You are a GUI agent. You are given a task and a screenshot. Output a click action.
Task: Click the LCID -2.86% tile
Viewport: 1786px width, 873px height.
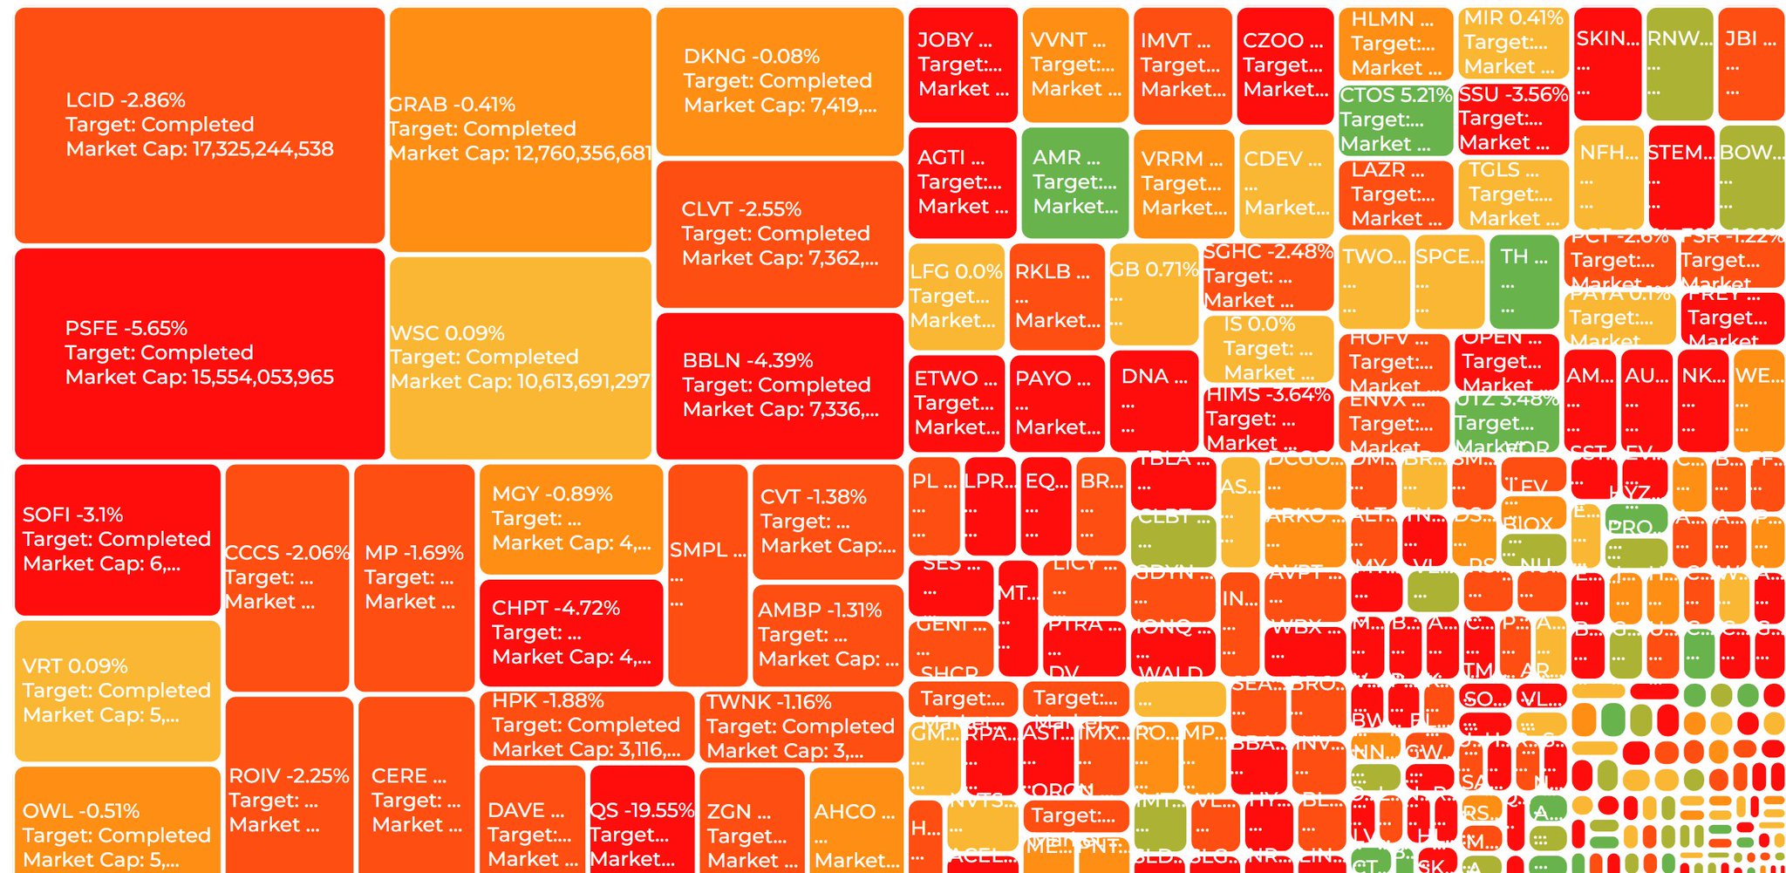[x=199, y=126]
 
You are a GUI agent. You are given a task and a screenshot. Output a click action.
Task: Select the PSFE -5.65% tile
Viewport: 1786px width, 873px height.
[x=199, y=353]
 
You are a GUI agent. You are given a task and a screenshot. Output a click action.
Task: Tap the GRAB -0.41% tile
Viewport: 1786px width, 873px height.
[x=520, y=129]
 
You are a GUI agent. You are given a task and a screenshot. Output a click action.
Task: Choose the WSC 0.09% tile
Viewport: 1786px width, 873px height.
[x=520, y=358]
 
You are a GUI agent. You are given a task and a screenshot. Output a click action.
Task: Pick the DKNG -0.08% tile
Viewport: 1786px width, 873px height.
[x=779, y=81]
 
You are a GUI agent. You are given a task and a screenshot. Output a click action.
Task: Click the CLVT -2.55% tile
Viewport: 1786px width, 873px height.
[x=779, y=234]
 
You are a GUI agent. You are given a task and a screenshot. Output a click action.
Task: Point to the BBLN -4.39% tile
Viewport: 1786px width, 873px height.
[x=779, y=385]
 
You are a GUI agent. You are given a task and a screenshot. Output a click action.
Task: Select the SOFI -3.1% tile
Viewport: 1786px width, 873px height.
[x=117, y=539]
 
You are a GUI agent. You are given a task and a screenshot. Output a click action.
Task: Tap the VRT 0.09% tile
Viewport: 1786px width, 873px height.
[x=117, y=690]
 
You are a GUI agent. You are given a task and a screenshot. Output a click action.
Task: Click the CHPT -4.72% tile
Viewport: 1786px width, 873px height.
[x=570, y=632]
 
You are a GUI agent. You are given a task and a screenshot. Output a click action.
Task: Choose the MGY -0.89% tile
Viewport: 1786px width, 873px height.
[x=570, y=519]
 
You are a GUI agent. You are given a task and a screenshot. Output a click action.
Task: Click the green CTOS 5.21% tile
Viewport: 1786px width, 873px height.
[x=1395, y=119]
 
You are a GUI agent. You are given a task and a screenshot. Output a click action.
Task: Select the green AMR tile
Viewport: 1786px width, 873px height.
[x=1074, y=182]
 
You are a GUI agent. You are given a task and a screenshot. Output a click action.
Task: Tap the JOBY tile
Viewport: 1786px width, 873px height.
[x=962, y=65]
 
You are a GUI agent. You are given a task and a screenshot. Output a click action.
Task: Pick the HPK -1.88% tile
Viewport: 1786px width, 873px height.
[x=586, y=725]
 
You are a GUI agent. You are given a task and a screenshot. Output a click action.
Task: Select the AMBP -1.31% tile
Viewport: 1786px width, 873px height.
[x=827, y=635]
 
